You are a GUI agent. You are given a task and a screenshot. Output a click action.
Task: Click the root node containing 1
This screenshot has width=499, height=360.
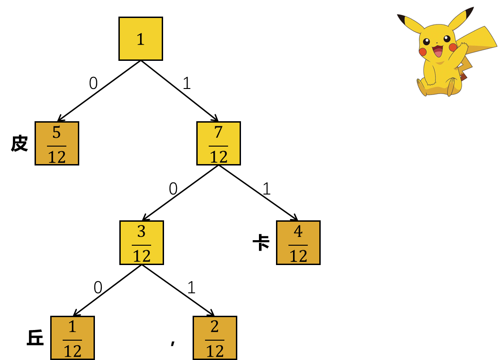pyautogui.click(x=141, y=39)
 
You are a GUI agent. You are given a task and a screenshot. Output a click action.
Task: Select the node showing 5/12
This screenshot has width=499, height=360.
pyautogui.click(x=57, y=143)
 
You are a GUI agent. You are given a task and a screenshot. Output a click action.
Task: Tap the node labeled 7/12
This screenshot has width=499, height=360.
pyautogui.click(x=218, y=143)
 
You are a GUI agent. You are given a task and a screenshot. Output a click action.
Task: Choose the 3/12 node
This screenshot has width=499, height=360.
pyautogui.click(x=141, y=242)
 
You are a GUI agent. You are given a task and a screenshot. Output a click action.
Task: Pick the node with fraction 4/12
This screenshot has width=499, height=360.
pyautogui.click(x=298, y=242)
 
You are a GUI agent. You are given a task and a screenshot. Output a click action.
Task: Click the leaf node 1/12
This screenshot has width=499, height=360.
pyautogui.click(x=72, y=338)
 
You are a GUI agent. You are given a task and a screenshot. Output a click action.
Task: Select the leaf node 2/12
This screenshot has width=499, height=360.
pyautogui.click(x=215, y=338)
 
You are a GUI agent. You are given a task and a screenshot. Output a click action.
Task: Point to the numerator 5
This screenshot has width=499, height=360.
pyautogui.click(x=57, y=133)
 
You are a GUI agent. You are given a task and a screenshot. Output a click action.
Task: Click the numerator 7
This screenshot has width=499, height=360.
pyautogui.click(x=218, y=133)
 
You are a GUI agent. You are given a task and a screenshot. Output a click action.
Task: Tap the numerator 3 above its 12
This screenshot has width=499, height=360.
pyautogui.click(x=141, y=232)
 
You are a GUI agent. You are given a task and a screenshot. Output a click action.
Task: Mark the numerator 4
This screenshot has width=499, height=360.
pyautogui.click(x=298, y=232)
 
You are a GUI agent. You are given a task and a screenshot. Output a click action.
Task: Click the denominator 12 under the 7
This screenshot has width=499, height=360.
pyautogui.click(x=218, y=157)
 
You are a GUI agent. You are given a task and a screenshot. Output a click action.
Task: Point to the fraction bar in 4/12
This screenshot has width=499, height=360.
pyautogui.click(x=298, y=245)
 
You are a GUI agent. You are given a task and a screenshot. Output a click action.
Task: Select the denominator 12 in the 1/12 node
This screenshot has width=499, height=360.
pyautogui.click(x=72, y=351)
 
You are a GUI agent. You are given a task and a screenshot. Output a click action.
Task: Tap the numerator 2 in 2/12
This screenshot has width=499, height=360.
pyautogui.click(x=215, y=327)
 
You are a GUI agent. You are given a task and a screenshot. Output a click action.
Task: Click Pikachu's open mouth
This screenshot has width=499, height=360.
pyautogui.click(x=437, y=51)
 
